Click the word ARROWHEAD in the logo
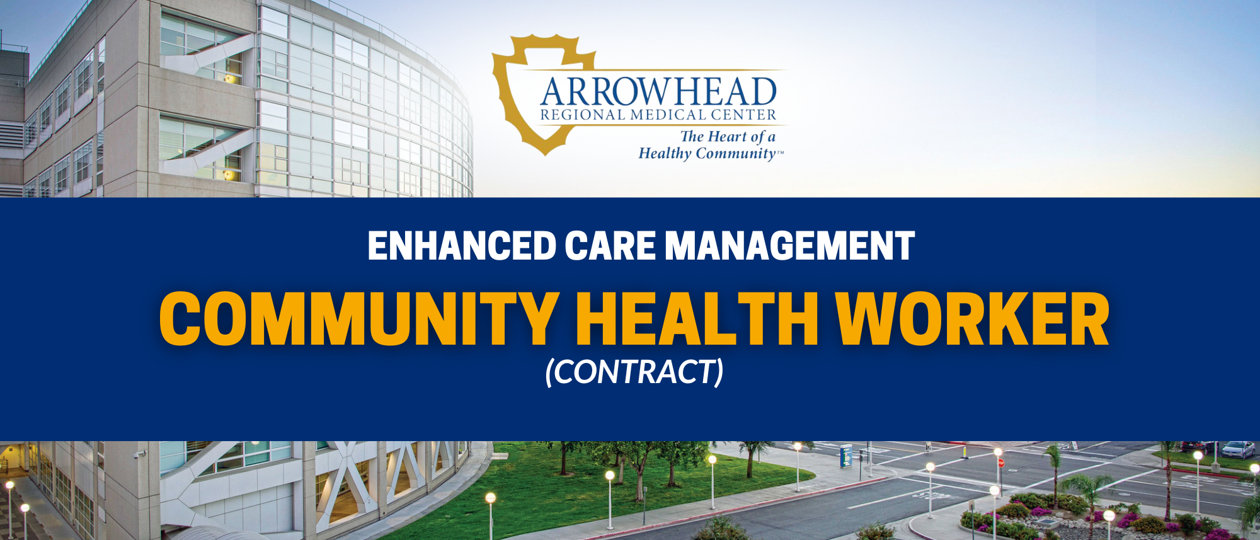(658, 92)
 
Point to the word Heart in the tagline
(727, 136)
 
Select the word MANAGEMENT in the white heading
(790, 246)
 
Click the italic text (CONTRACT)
(634, 372)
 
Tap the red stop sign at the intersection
(1000, 463)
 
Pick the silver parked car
(1237, 449)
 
